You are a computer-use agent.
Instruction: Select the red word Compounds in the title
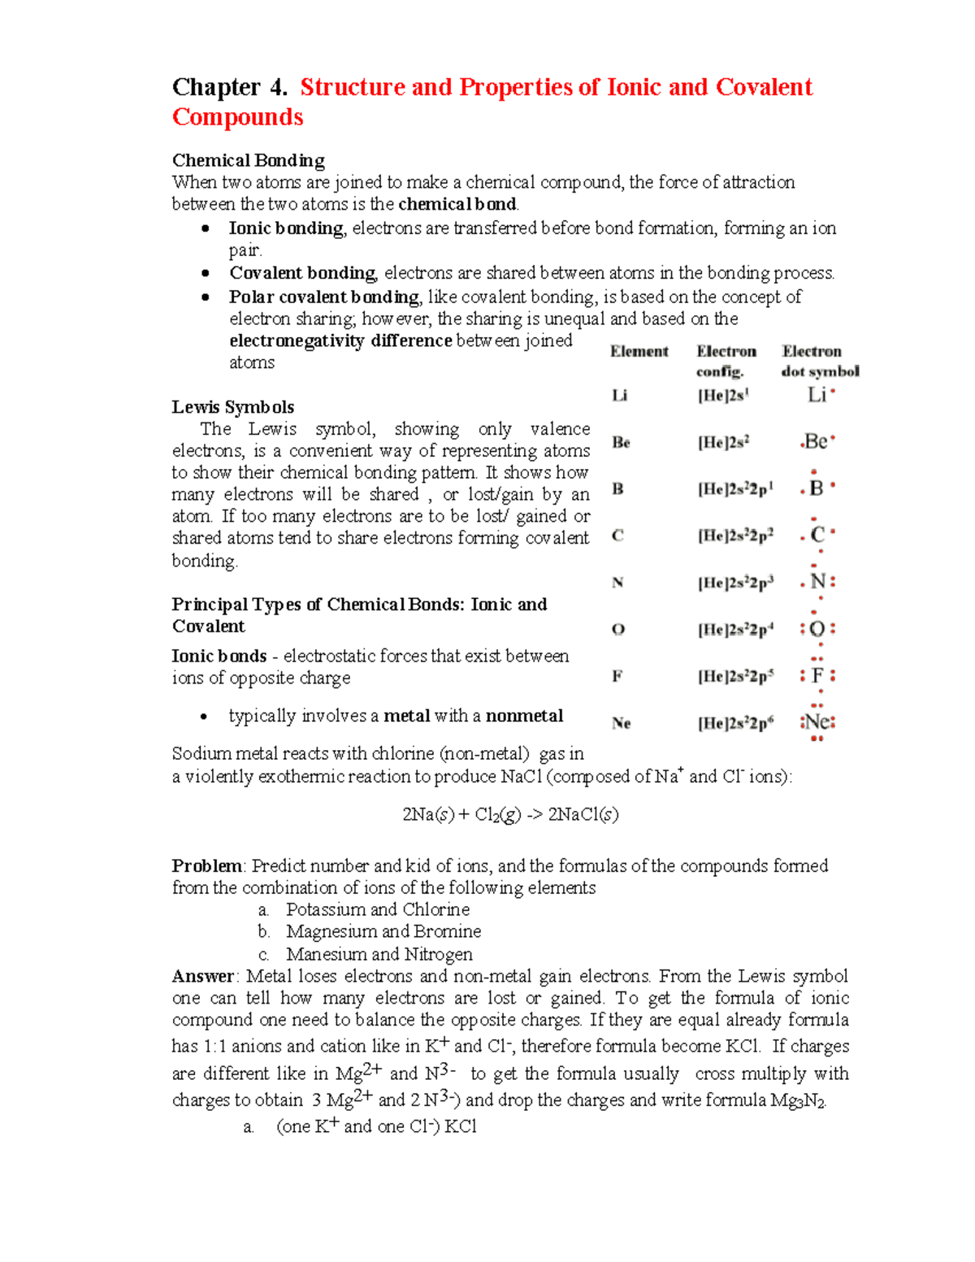[x=237, y=117]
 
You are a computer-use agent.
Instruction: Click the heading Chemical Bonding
[x=248, y=160]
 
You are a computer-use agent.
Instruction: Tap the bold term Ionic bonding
[x=286, y=228]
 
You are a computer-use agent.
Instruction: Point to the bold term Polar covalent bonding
[x=324, y=297]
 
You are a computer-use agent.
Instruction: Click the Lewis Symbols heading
[x=232, y=407]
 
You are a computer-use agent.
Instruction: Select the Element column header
[x=639, y=351]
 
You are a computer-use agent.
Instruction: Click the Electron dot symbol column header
[x=819, y=361]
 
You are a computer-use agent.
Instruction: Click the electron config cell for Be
[x=723, y=442]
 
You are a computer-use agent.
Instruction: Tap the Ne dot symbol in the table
[x=817, y=722]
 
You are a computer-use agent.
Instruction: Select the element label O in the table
[x=618, y=629]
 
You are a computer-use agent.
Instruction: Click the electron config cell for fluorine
[x=735, y=676]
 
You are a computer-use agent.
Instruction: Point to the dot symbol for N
[x=818, y=582]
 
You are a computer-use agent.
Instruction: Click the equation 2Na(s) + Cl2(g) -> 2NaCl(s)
[x=510, y=814]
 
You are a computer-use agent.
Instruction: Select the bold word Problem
[x=207, y=865]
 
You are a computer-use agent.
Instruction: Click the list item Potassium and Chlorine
[x=378, y=909]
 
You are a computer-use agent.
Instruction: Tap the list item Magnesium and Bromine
[x=383, y=931]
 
